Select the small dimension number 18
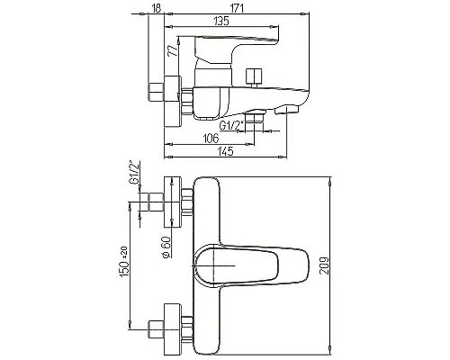pos(157,8)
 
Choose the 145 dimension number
pos(224,150)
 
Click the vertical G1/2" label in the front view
pos(132,172)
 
